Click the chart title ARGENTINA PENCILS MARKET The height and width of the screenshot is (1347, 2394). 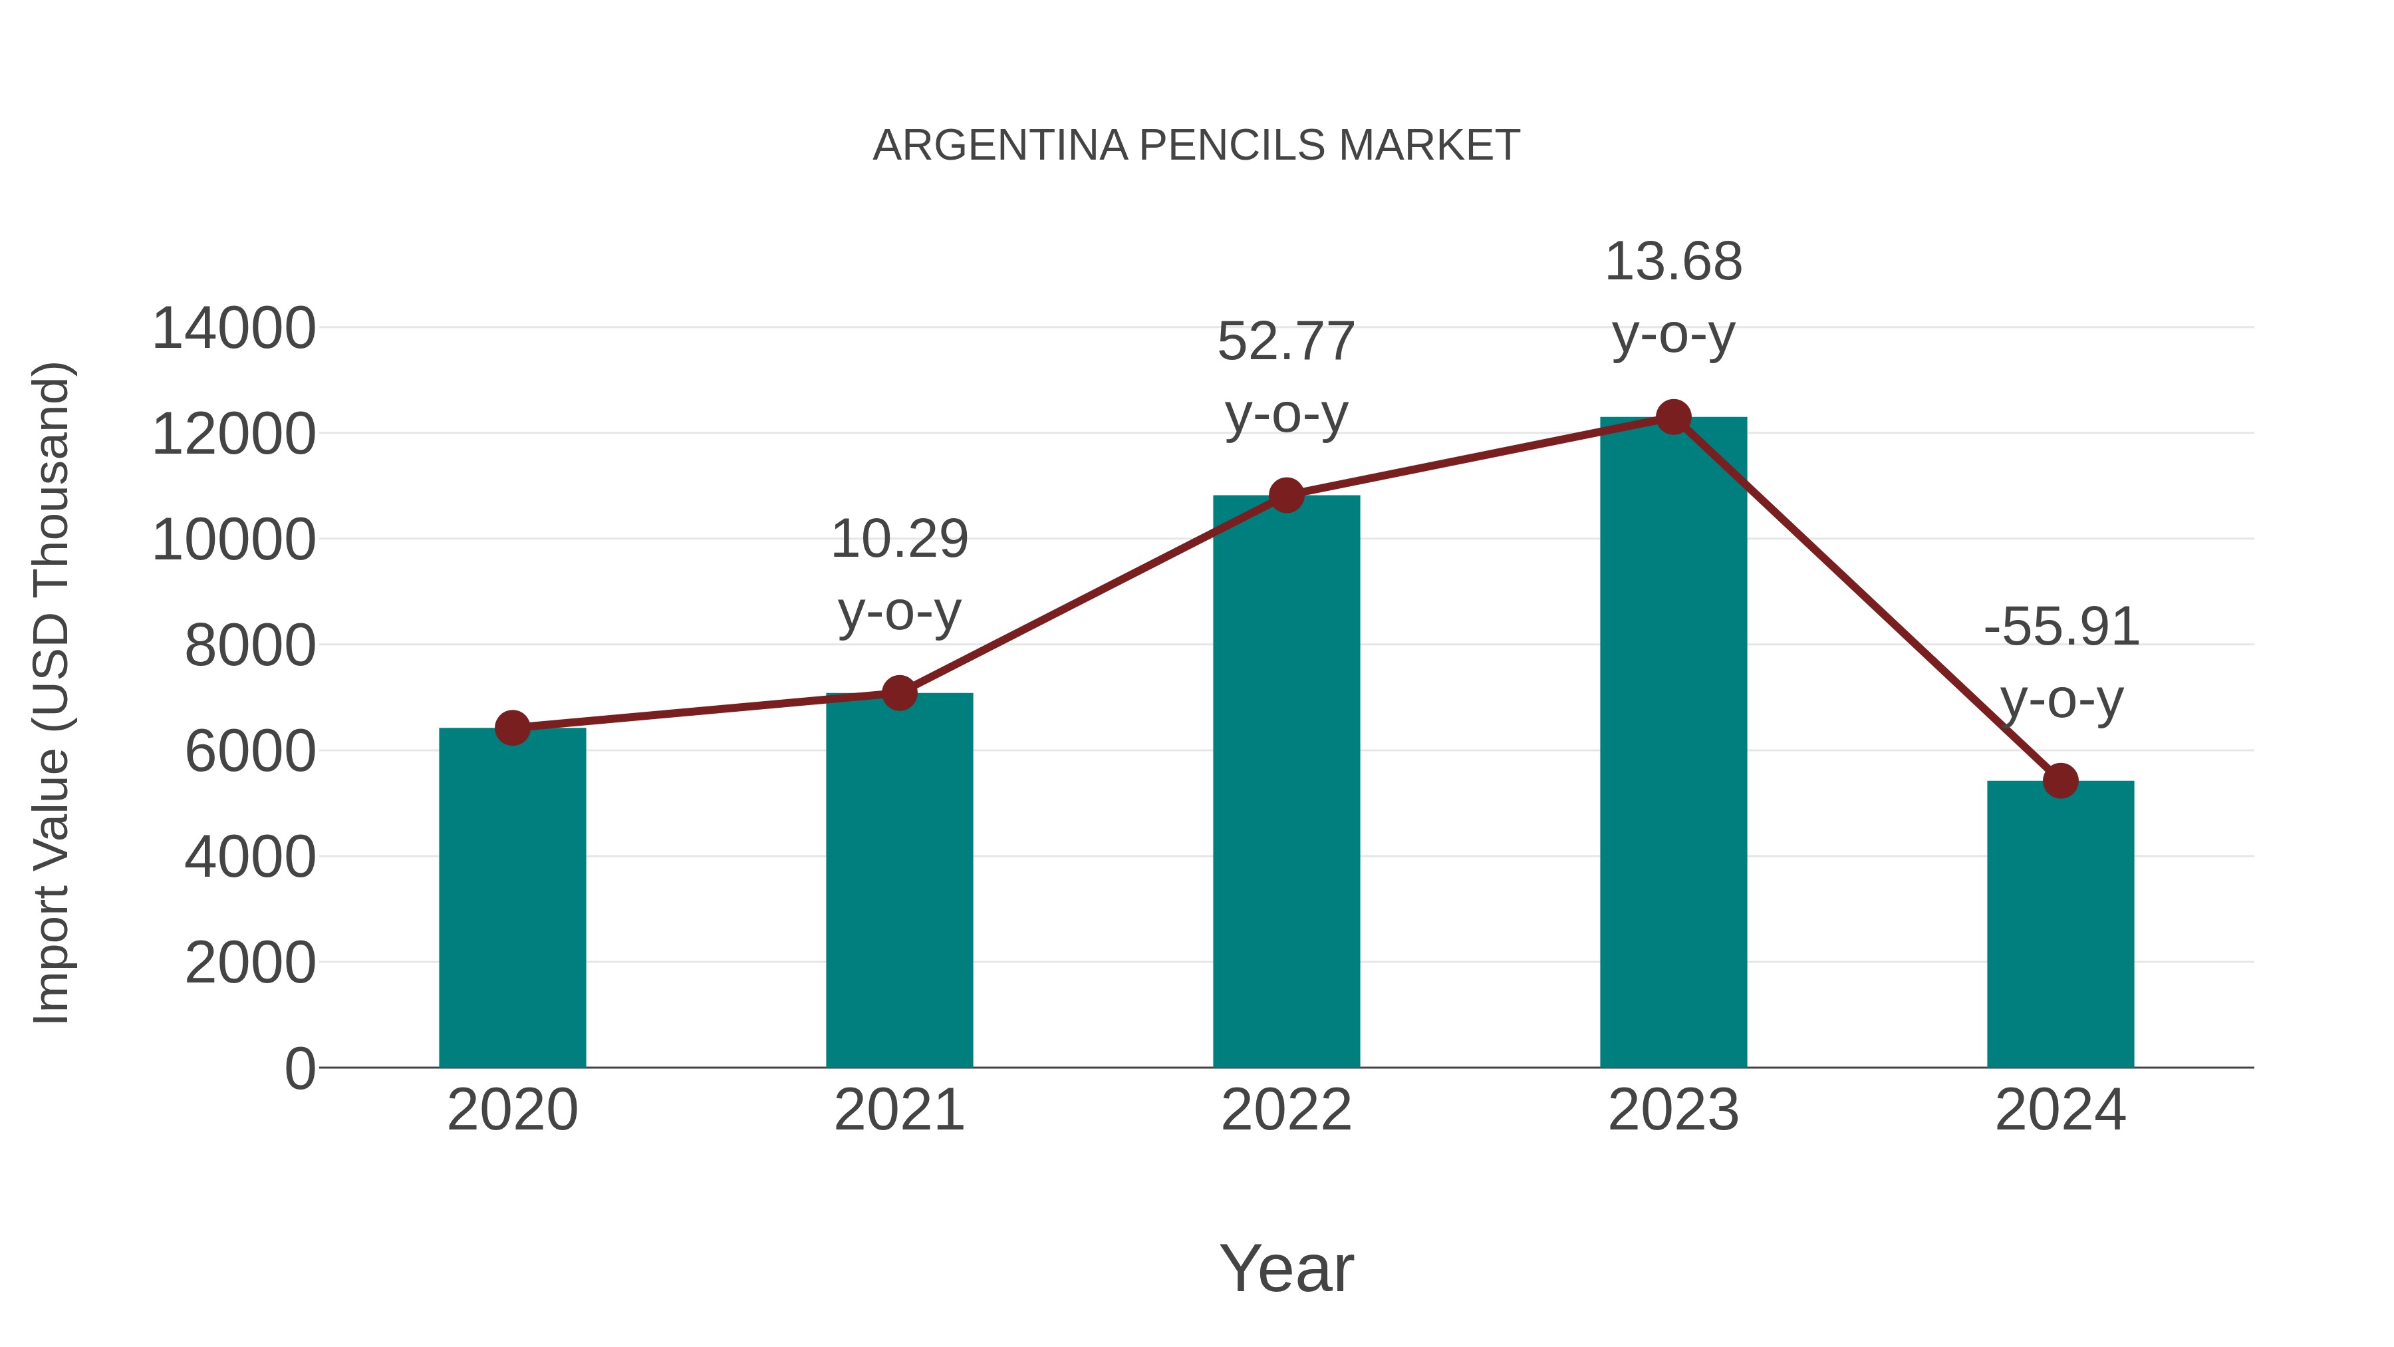[1196, 146]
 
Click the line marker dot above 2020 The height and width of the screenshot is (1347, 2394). [512, 728]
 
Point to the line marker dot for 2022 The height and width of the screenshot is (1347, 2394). [1286, 496]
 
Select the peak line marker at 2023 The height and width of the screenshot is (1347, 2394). [1673, 417]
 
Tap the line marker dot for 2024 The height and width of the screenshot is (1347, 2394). [2060, 781]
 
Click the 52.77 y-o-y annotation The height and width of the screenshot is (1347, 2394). [1286, 376]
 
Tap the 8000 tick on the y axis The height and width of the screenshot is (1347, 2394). [250, 645]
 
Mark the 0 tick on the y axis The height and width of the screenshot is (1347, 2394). [299, 1068]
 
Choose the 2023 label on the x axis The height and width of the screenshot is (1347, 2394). [1673, 1110]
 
